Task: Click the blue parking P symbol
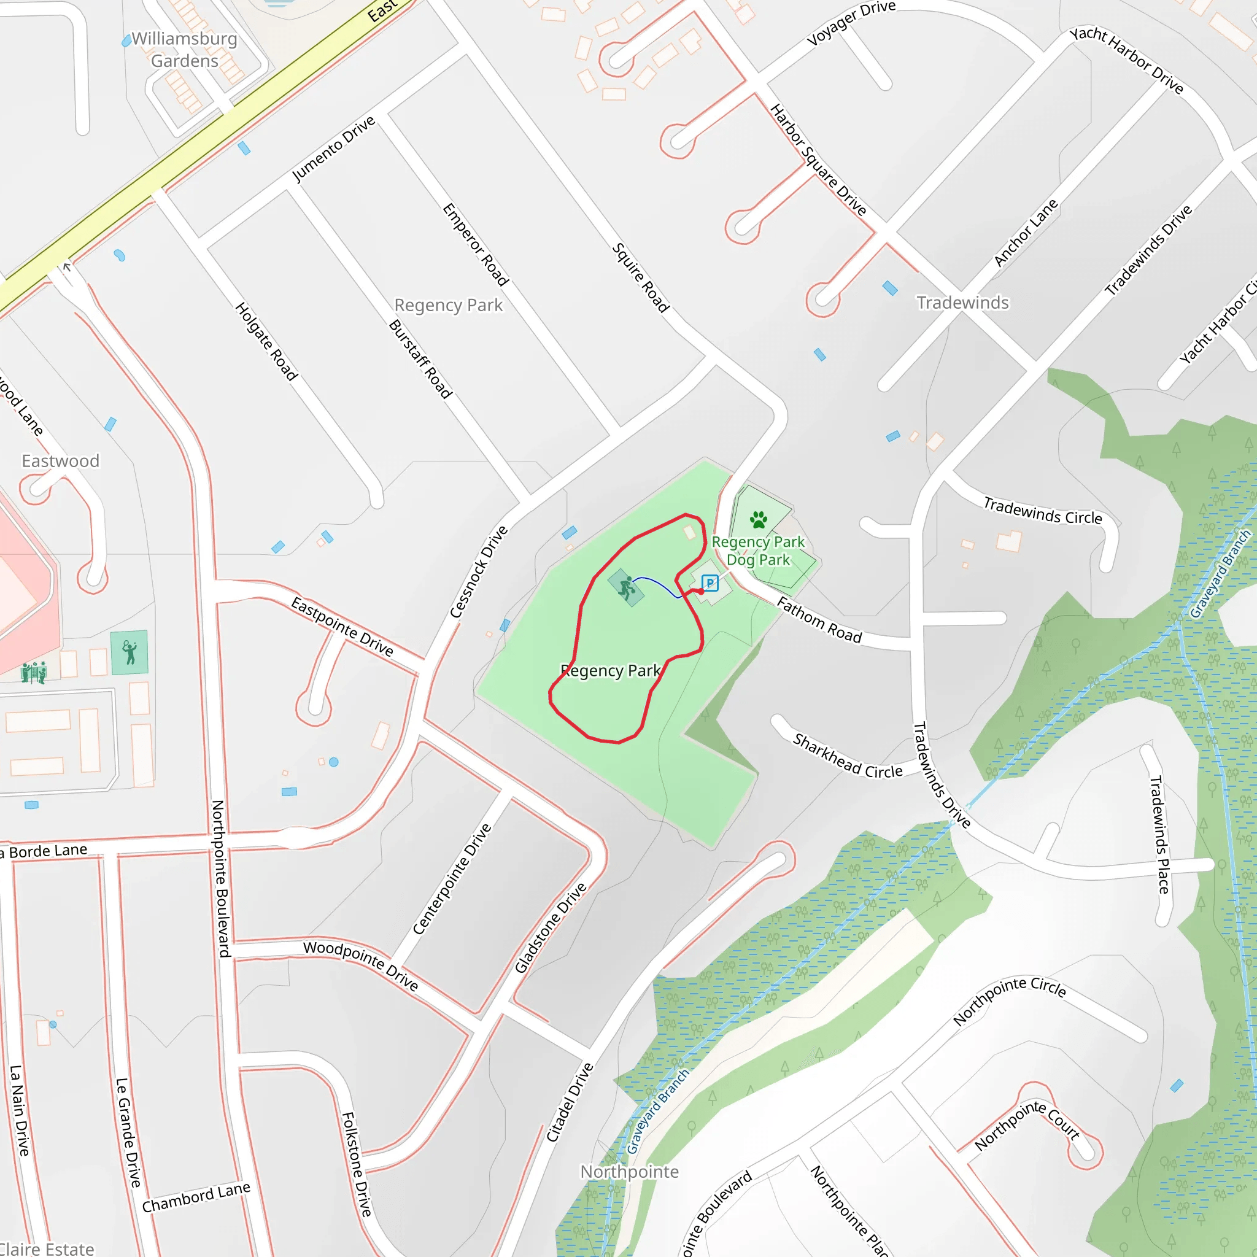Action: [x=710, y=583]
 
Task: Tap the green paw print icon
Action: [x=758, y=519]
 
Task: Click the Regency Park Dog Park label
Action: [x=758, y=551]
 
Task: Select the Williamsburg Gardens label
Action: [x=184, y=50]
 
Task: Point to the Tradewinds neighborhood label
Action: [x=962, y=303]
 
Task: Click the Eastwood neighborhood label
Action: [x=61, y=461]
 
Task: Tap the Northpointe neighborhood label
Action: [x=629, y=1171]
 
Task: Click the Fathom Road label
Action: [x=819, y=620]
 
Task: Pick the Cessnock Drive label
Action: [x=479, y=572]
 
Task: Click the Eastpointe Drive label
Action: [x=342, y=627]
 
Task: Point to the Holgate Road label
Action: [x=266, y=341]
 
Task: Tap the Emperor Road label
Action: [x=476, y=245]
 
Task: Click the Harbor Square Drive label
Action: [x=818, y=160]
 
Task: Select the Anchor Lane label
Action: [x=1026, y=233]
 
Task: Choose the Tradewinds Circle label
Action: [x=1042, y=511]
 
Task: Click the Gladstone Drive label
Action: [x=551, y=928]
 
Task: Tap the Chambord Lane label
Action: [x=196, y=1198]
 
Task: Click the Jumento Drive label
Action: [x=334, y=149]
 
